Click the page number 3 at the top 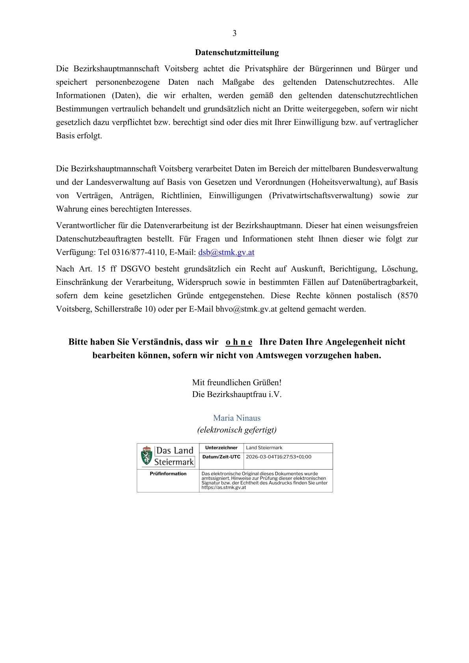pos(234,33)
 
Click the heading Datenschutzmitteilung pos(237,52)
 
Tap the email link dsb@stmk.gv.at pos(226,253)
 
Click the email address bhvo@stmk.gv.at pos(246,309)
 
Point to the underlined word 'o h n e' pos(239,342)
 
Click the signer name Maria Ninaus pos(237,418)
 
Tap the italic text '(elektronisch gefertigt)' pos(237,430)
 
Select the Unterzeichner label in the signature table pos(221,448)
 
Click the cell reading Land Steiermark pos(264,448)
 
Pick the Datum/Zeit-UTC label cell pos(221,457)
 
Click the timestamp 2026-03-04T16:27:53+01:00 pos(279,457)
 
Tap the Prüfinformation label pos(168,474)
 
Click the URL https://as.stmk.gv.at pos(223,488)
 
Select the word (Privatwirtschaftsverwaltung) pos(320,196)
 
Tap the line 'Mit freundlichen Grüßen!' pos(237,383)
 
